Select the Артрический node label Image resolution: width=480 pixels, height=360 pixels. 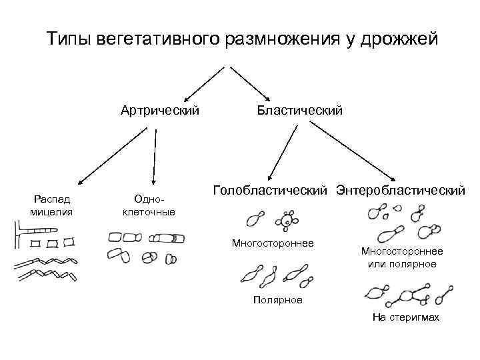[x=160, y=109]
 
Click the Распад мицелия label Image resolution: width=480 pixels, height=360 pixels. [x=51, y=205]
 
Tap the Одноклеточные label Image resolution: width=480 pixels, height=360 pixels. [x=149, y=205]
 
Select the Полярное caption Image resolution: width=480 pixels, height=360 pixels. [x=277, y=300]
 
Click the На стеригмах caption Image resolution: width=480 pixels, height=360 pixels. [x=406, y=317]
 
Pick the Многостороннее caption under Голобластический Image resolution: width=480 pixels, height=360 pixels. [x=273, y=243]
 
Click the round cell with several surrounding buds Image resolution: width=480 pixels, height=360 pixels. [x=287, y=221]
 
